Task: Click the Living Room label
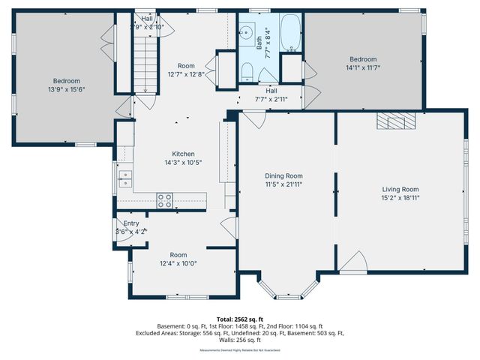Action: pos(399,190)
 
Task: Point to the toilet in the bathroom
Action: pos(247,71)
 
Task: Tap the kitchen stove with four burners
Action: pos(164,199)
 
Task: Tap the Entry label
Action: pos(131,223)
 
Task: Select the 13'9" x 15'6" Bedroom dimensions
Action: pos(66,89)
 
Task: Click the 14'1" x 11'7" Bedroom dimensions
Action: pos(363,67)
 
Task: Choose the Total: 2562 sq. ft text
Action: pos(240,319)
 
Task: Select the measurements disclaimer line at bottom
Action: pos(240,350)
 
